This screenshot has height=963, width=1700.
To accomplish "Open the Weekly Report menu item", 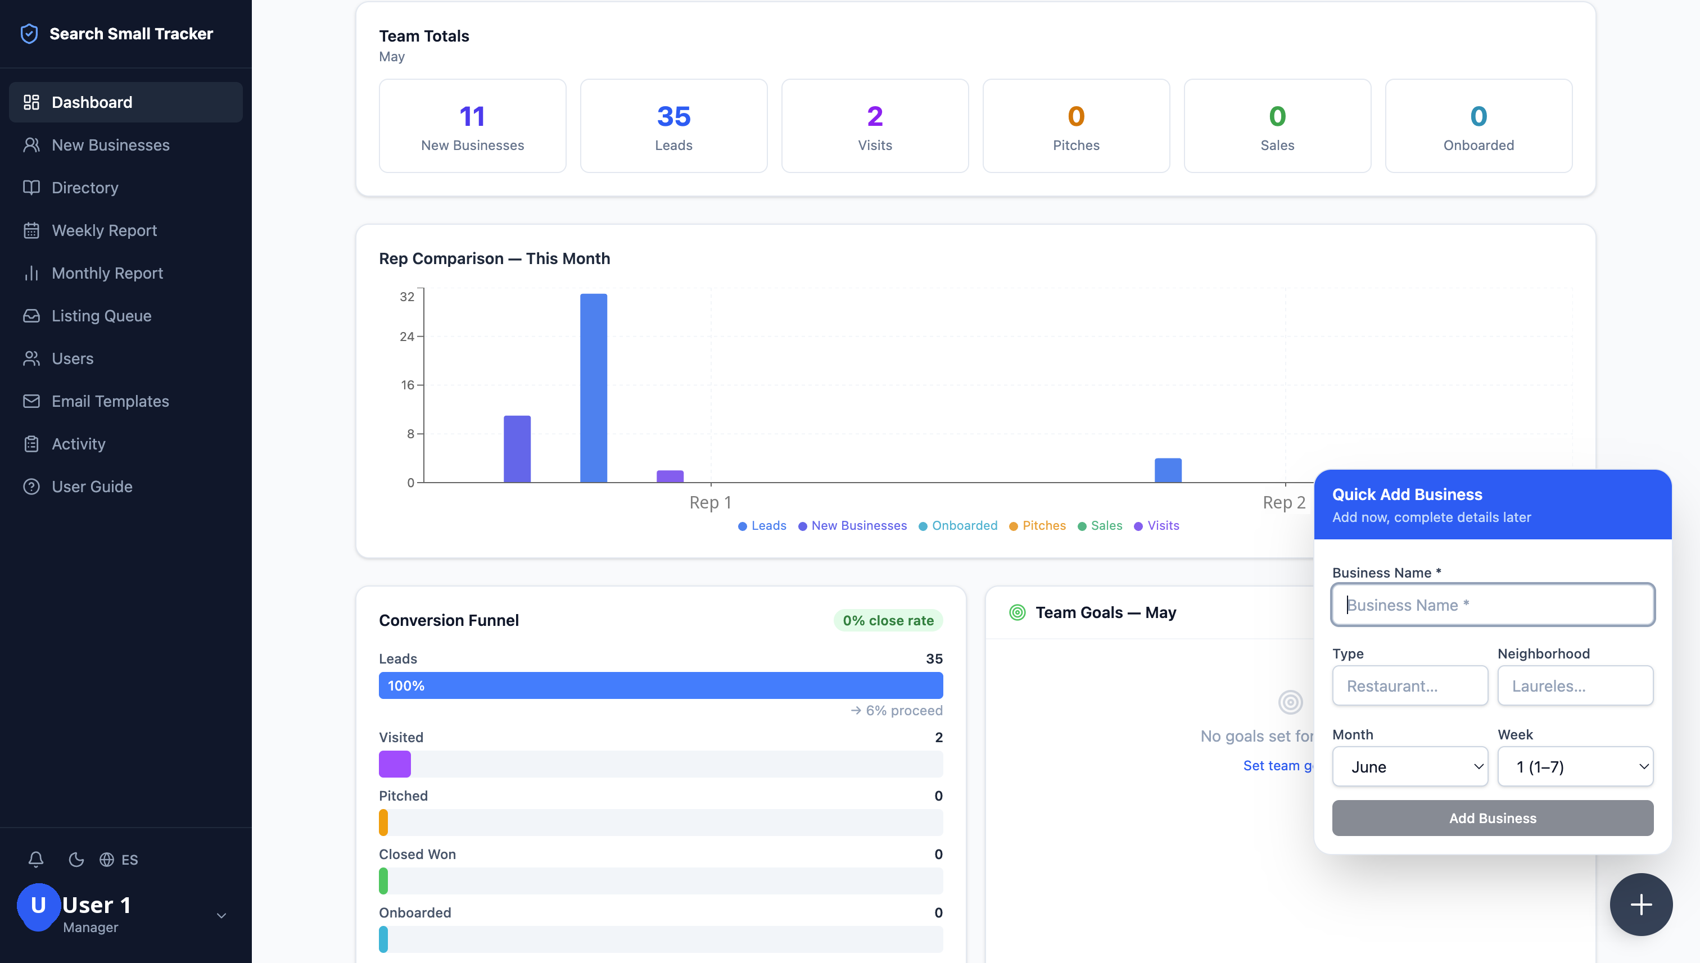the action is [104, 230].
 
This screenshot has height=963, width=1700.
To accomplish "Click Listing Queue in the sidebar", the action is [101, 316].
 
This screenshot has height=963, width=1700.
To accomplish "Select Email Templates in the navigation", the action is [110, 401].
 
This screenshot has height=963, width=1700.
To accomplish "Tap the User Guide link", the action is [92, 486].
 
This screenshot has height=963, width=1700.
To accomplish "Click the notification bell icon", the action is [36, 859].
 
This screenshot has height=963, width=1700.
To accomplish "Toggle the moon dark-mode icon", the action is [76, 859].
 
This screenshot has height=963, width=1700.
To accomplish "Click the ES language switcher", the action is [119, 859].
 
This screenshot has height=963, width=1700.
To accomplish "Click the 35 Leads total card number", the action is [673, 116].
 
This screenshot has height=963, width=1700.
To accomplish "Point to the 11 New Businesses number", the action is [472, 116].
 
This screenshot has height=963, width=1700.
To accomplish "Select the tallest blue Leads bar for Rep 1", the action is [594, 388].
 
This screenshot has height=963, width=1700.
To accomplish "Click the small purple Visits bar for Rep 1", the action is [670, 476].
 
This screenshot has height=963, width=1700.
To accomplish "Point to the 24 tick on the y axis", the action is [407, 337].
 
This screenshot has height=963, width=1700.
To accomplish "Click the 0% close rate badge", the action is [888, 620].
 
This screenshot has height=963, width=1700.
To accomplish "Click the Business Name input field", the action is [1493, 605].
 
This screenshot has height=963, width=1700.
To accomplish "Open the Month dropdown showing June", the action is [1410, 766].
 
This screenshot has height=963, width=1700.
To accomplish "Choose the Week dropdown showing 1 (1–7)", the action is [1576, 766].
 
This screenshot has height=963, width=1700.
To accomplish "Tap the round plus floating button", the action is [1641, 904].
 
